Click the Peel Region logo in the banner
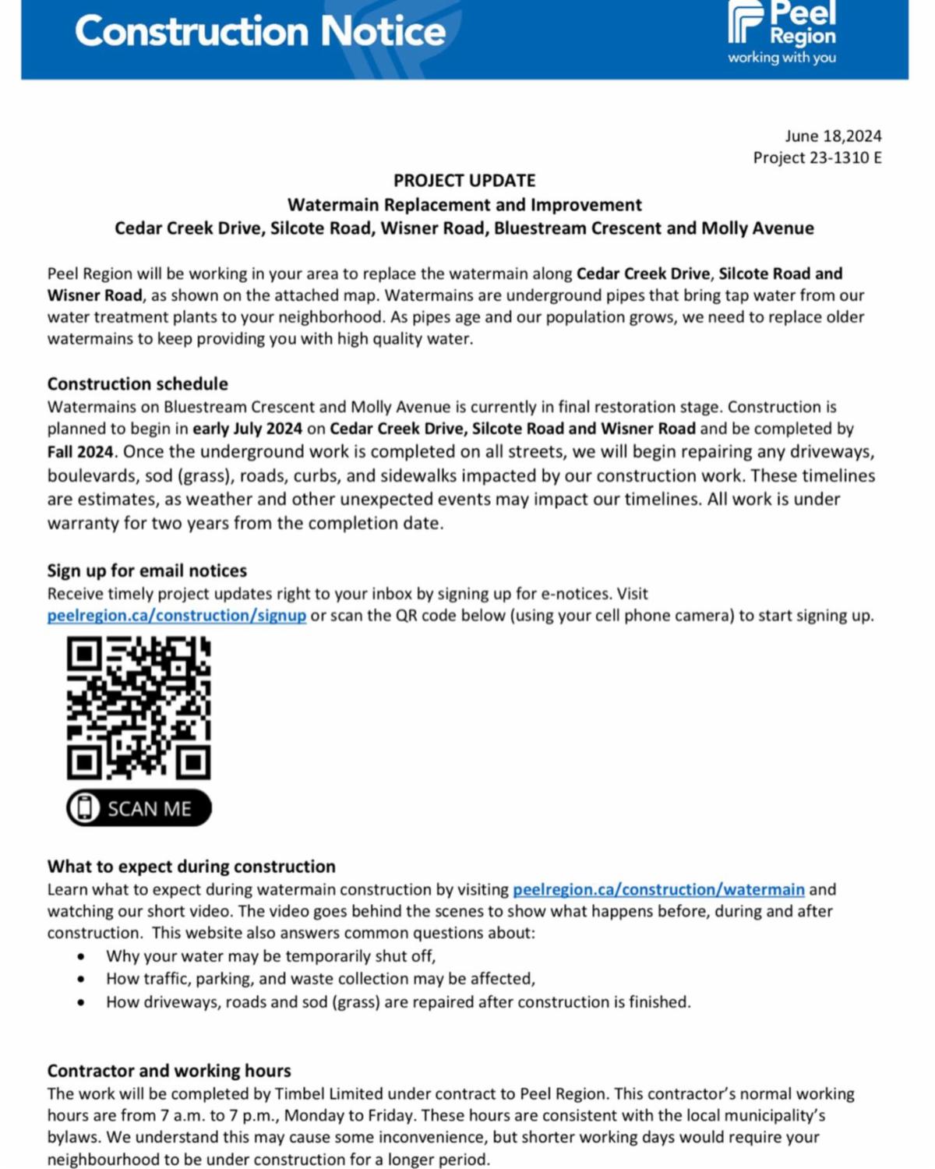(781, 24)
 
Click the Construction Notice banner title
(260, 32)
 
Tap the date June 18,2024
(833, 136)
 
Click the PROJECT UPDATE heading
(464, 181)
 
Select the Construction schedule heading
(138, 384)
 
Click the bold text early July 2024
(248, 429)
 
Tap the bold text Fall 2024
(80, 452)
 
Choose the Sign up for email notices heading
(147, 571)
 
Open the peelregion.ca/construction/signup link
(177, 616)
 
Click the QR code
(139, 708)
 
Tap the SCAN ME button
(139, 808)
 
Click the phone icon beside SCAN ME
(84, 808)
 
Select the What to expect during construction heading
(192, 867)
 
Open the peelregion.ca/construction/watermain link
(658, 890)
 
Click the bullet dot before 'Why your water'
(82, 957)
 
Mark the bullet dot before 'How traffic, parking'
(82, 980)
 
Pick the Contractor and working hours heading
(169, 1071)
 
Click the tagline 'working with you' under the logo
(782, 58)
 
